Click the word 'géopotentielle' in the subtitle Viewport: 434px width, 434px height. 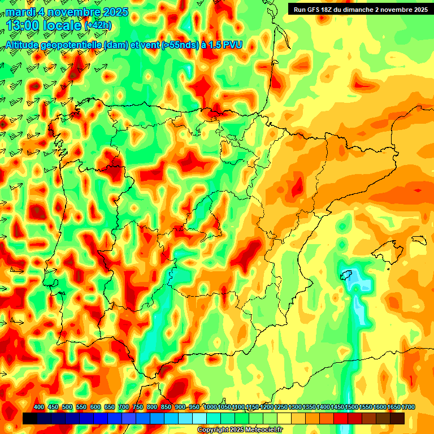[76, 45]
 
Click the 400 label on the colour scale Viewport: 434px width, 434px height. [39, 407]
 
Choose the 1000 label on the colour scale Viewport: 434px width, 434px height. [210, 407]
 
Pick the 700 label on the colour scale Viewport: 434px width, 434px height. [124, 407]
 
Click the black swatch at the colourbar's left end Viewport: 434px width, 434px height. [30, 418]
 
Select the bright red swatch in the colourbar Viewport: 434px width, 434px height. [341, 418]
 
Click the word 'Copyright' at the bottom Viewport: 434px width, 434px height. [214, 430]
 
